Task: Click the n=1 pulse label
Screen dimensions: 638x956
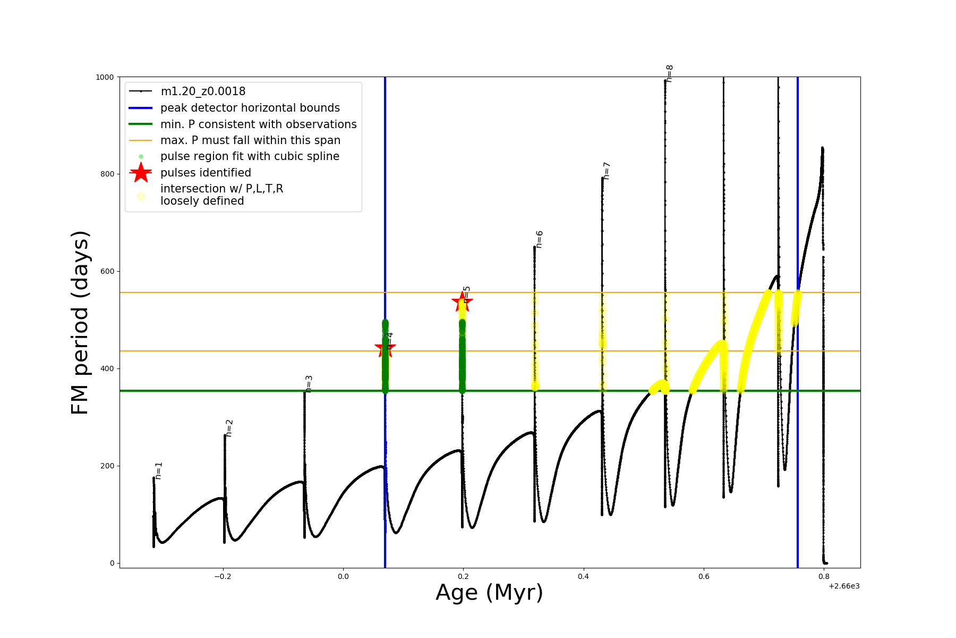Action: (159, 471)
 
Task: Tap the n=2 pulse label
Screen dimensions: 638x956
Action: (229, 428)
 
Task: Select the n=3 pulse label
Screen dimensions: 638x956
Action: (309, 384)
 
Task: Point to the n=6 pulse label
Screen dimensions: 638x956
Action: (540, 239)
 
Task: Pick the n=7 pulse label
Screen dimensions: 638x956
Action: (607, 171)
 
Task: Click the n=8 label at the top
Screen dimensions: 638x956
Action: (670, 73)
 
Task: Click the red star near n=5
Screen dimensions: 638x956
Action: (462, 302)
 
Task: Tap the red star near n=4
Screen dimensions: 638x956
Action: (385, 348)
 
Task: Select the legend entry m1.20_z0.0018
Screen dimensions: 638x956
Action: (203, 91)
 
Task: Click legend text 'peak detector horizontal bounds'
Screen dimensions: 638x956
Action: (250, 108)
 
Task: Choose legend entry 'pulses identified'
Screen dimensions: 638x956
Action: (206, 173)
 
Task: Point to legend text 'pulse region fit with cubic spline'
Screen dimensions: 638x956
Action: (250, 156)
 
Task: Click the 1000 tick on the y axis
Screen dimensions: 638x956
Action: (105, 77)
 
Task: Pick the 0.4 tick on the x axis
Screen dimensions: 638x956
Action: (584, 576)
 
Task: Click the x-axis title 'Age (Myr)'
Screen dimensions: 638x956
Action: (489, 593)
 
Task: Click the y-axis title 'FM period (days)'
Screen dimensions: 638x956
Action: (80, 322)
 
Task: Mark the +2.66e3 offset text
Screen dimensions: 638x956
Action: (844, 586)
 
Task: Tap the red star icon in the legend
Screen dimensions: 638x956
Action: (141, 173)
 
